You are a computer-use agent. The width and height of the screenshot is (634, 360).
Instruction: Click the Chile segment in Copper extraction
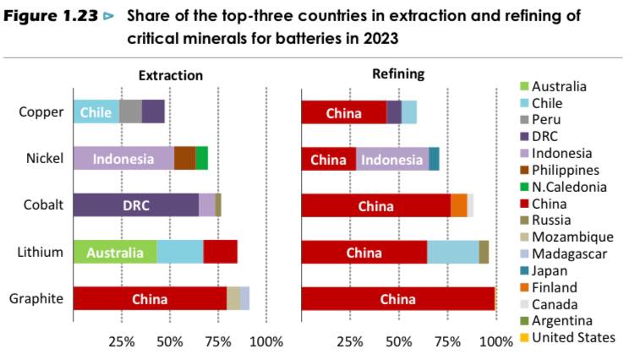pyautogui.click(x=96, y=112)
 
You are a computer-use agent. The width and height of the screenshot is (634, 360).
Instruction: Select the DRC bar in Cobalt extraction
pyautogui.click(x=135, y=205)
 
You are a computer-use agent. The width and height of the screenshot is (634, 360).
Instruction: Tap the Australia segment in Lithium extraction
pyautogui.click(x=114, y=252)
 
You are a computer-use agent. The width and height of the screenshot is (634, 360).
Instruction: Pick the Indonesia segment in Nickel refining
pyautogui.click(x=392, y=159)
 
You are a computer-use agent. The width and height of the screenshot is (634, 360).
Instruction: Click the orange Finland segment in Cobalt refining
pyautogui.click(x=458, y=205)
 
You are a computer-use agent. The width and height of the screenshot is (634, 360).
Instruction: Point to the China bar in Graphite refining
pyautogui.click(x=397, y=298)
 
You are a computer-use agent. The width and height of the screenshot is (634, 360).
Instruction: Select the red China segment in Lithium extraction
pyautogui.click(x=220, y=252)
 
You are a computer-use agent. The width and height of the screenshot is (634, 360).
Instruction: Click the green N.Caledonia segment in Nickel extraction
pyautogui.click(x=201, y=158)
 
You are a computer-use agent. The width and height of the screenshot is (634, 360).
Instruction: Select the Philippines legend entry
pyautogui.click(x=565, y=169)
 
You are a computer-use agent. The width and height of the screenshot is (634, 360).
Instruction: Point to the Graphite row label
pyautogui.click(x=36, y=298)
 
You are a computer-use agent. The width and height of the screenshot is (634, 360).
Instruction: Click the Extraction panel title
pyautogui.click(x=170, y=75)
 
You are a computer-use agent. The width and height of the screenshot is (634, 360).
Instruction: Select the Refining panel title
pyautogui.click(x=398, y=74)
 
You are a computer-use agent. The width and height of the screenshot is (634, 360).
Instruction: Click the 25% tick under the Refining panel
pyautogui.click(x=350, y=341)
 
